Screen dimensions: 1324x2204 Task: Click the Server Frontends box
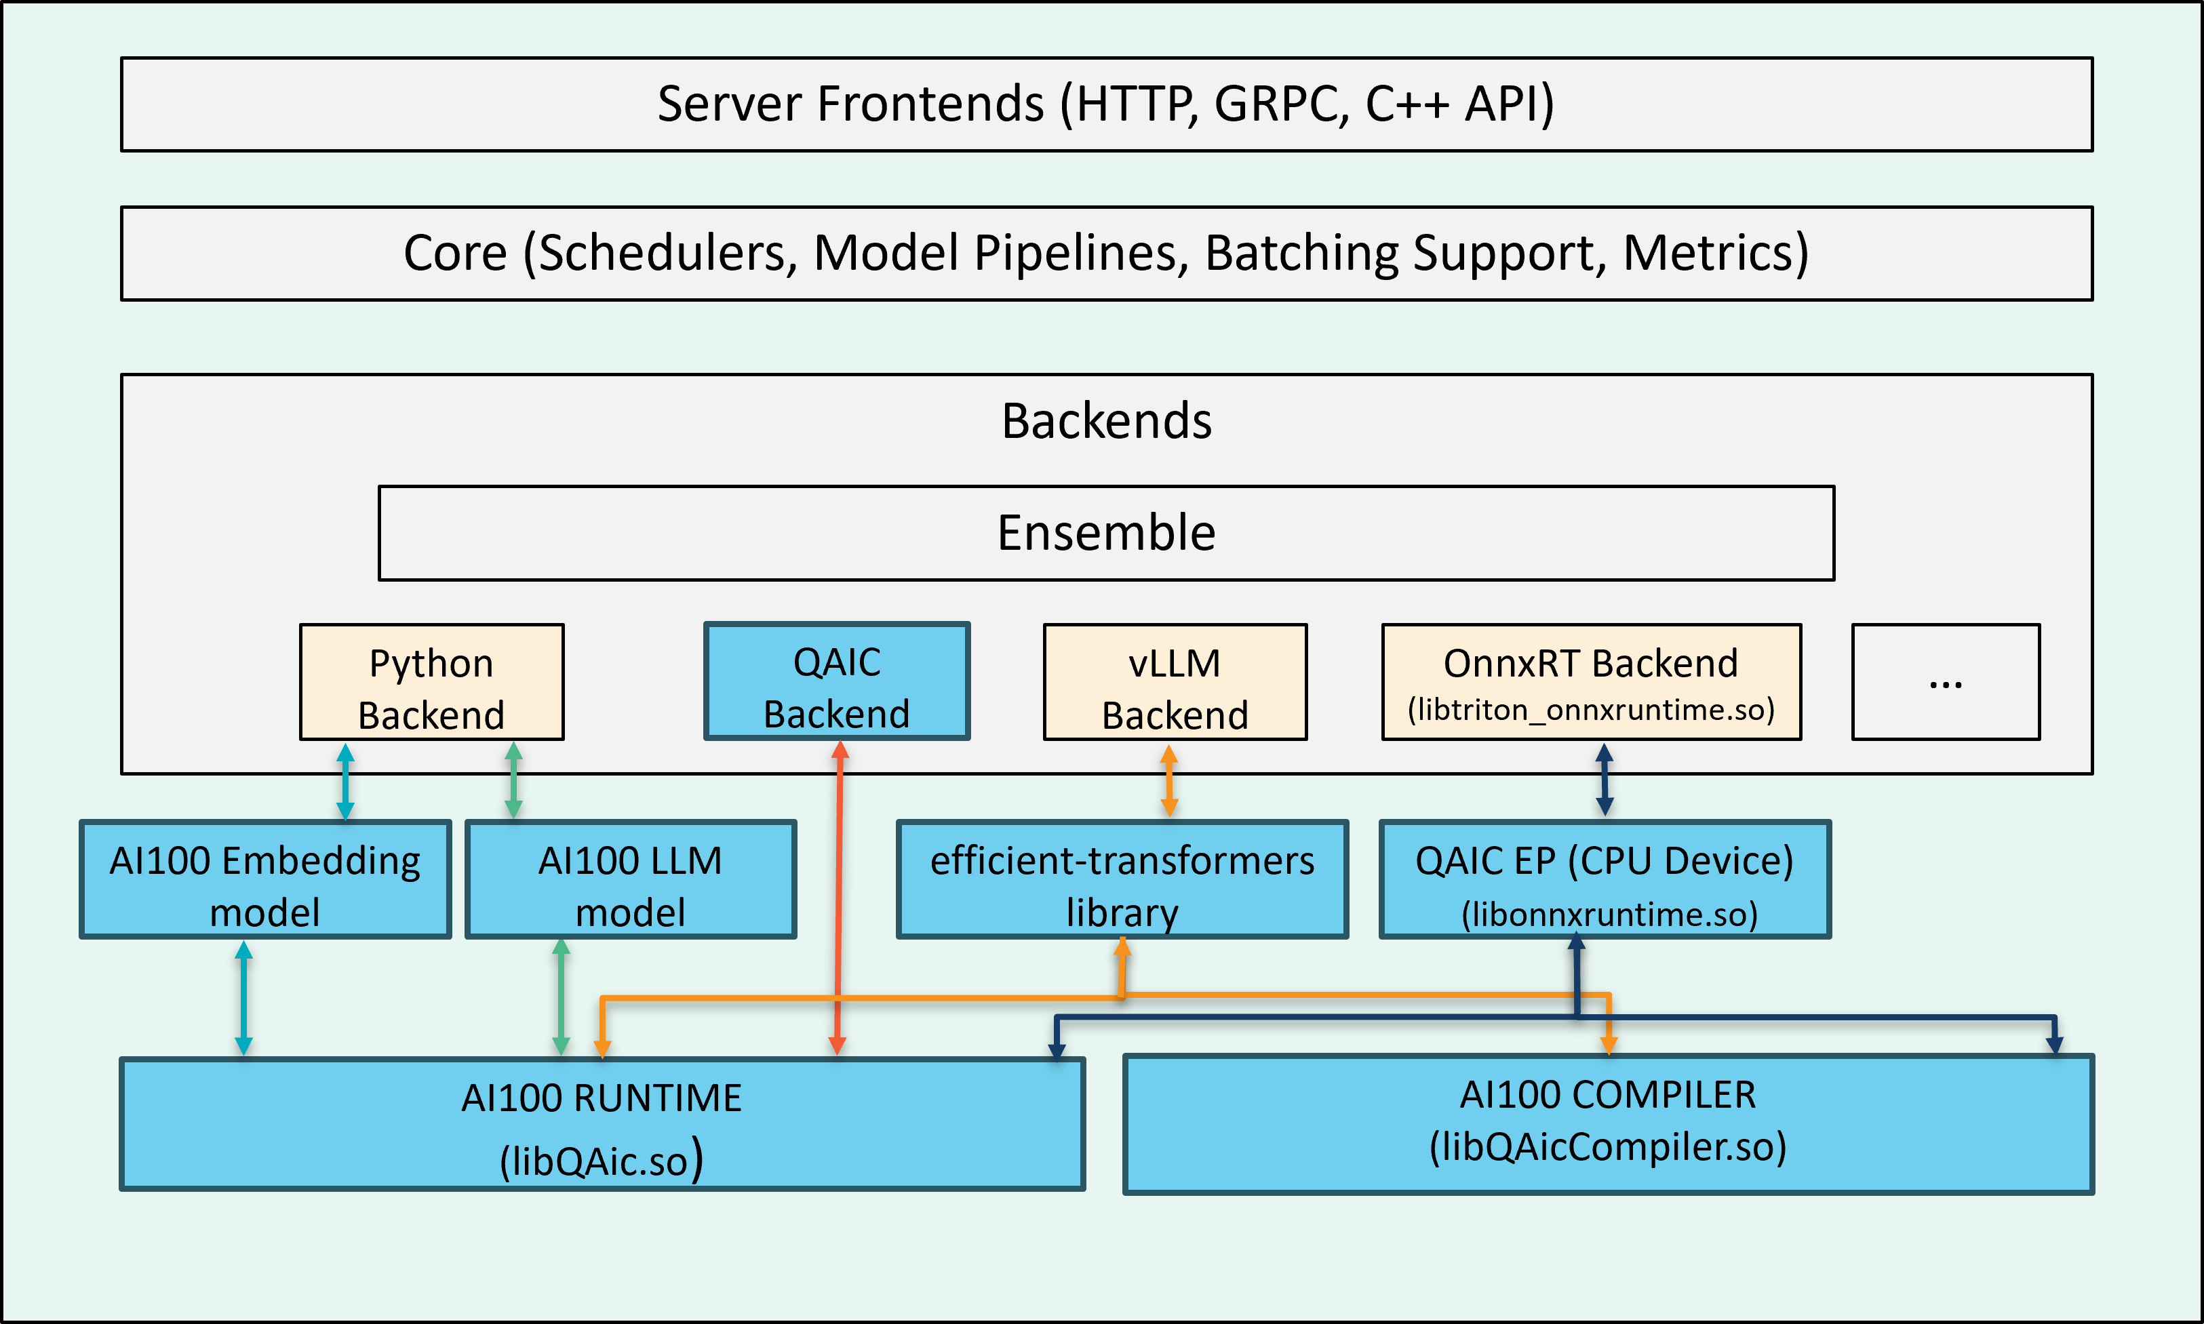point(1107,104)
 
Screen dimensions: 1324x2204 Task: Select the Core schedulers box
point(1107,254)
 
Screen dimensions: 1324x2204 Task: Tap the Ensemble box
point(1107,533)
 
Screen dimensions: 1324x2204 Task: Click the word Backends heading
point(1107,421)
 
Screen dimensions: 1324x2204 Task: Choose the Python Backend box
point(432,681)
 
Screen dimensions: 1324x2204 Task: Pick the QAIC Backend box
point(836,681)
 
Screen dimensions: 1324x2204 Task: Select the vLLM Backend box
point(1175,681)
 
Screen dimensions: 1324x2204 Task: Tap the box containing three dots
point(1945,681)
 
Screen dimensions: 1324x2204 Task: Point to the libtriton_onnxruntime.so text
point(1591,710)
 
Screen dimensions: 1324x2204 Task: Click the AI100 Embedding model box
point(265,879)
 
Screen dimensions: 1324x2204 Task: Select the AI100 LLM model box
point(630,879)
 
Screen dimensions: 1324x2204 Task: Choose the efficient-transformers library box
point(1122,879)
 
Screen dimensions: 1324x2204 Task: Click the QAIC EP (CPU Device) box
point(1605,879)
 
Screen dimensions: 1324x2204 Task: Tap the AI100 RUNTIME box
point(602,1124)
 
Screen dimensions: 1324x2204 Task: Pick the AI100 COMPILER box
point(1608,1124)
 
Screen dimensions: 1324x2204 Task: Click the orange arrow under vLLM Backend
point(1169,781)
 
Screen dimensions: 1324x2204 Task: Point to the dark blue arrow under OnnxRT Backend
point(1605,781)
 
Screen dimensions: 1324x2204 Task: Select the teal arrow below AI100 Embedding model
point(243,997)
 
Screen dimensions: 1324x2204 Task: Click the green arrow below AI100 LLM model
point(560,997)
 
